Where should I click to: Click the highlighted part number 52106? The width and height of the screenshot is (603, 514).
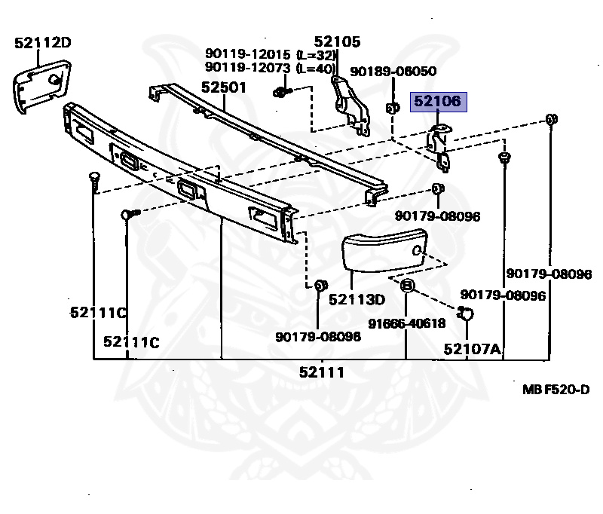[439, 102]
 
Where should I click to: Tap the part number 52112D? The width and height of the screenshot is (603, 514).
[42, 43]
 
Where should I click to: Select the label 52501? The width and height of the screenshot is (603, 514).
[223, 87]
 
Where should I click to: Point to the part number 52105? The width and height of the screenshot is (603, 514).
[337, 42]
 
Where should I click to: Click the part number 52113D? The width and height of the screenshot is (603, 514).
[357, 299]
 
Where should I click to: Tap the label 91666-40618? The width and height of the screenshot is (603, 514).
[406, 323]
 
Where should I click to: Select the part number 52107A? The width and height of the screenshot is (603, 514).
[472, 348]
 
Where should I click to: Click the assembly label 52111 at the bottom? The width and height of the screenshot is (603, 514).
[321, 372]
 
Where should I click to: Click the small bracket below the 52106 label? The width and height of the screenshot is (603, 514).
[439, 145]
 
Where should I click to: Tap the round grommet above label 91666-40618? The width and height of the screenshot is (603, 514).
[406, 286]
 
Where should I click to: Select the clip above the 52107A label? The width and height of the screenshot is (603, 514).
[465, 313]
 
